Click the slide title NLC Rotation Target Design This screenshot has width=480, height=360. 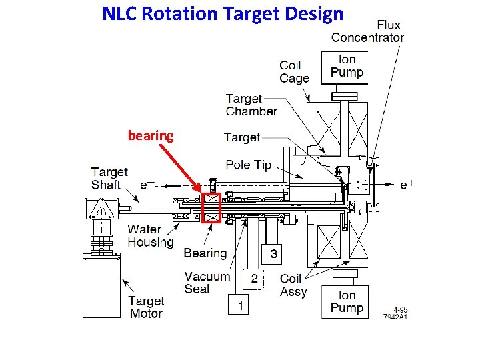point(223,13)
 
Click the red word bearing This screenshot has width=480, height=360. point(151,136)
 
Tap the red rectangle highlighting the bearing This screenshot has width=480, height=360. point(211,207)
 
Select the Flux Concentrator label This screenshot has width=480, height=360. point(367,31)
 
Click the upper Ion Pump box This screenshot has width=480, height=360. point(347,66)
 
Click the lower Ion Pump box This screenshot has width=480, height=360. point(347,301)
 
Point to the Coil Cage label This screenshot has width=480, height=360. point(294,71)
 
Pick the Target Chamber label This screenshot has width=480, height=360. point(251,105)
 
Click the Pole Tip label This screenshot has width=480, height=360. point(249,165)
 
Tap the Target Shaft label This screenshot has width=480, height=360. point(110,178)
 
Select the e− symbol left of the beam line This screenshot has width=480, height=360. point(149,185)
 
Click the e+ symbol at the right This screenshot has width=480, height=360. point(407,185)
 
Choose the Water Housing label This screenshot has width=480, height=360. point(151,236)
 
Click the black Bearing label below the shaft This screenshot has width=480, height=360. point(205,253)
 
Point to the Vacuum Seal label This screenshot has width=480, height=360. point(207,283)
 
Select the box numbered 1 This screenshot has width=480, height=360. point(239,305)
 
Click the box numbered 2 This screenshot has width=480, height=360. point(254,279)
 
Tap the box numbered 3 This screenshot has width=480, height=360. point(273,254)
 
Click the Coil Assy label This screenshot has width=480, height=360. point(293,285)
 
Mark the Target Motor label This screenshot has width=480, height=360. point(146,307)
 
